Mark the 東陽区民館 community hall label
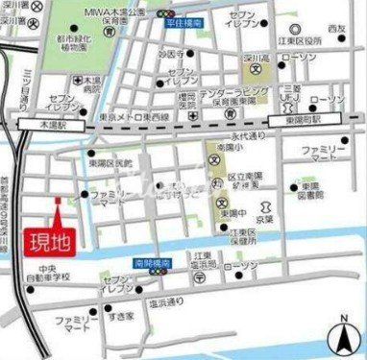click(111, 161)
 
